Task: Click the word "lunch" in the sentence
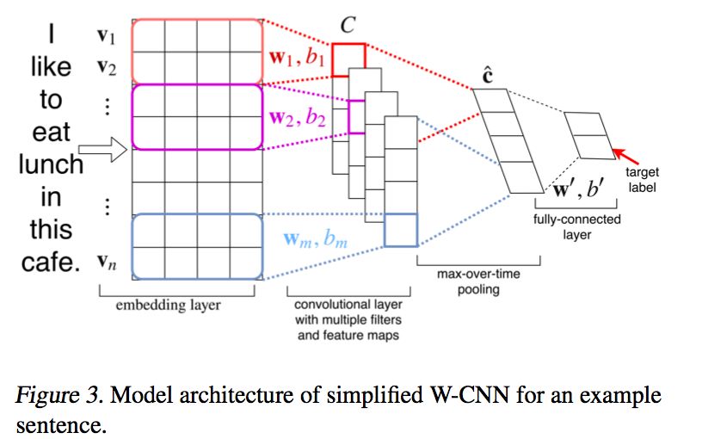coord(51,164)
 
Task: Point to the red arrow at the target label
coord(628,159)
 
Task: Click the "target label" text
coord(642,180)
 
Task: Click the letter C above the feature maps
coord(348,27)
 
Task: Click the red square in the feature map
coord(349,56)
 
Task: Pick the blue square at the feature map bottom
coord(400,230)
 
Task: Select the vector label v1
coord(108,36)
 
